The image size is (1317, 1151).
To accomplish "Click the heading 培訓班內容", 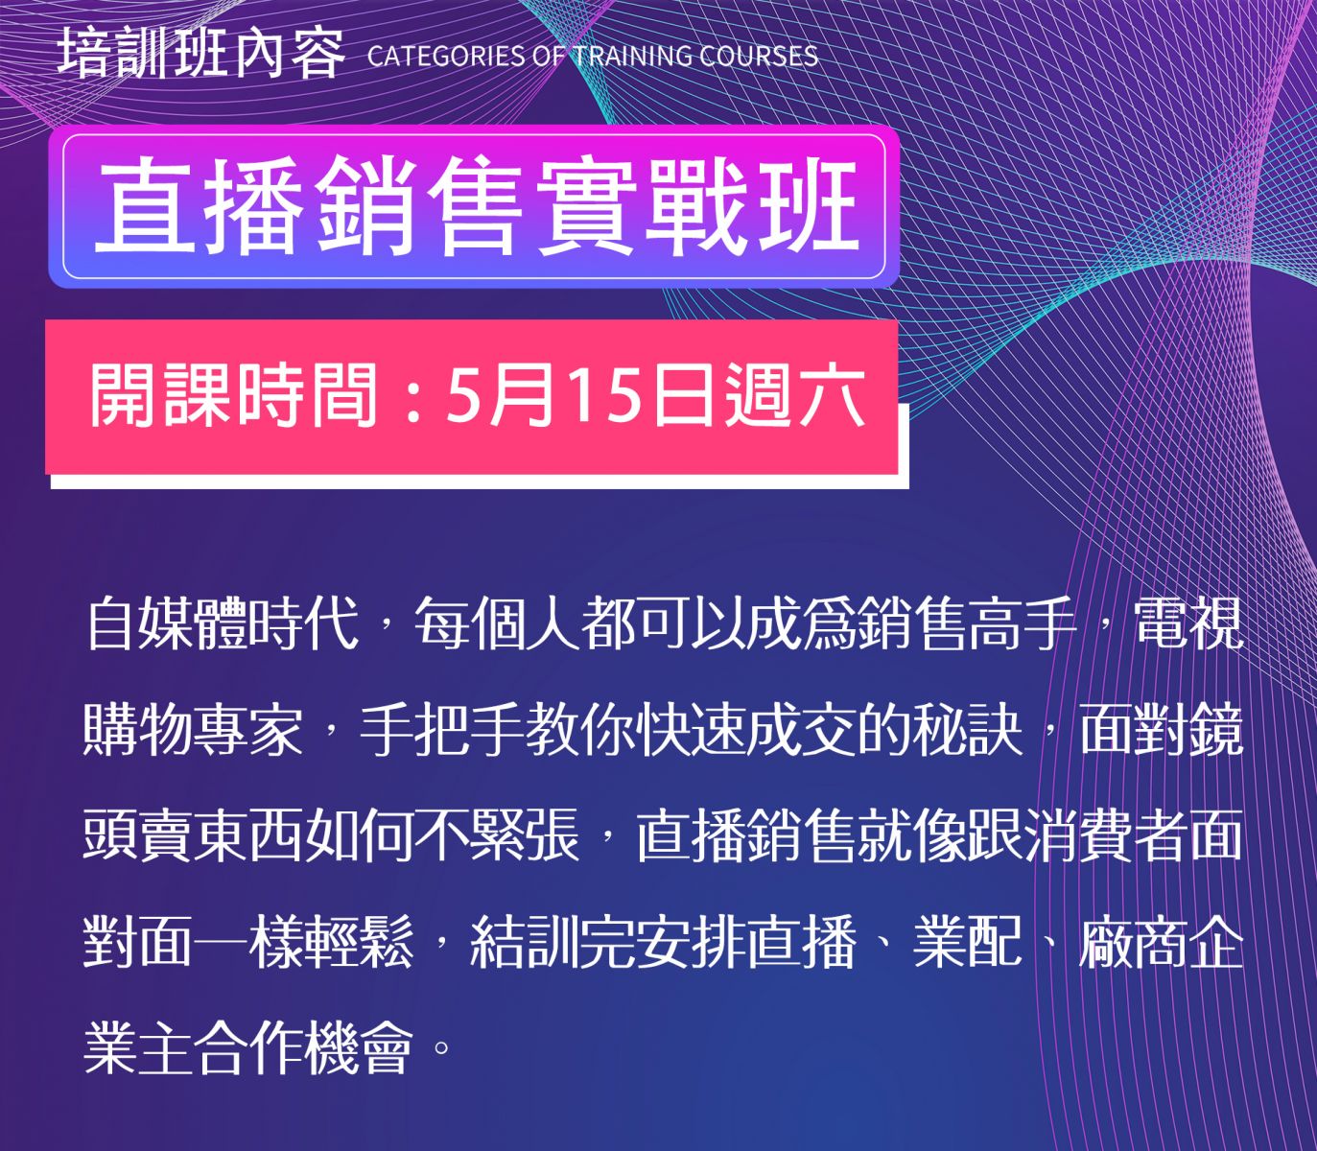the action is point(200,55).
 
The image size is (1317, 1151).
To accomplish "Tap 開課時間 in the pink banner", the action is point(233,394).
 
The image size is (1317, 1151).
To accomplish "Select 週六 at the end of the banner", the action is point(793,394).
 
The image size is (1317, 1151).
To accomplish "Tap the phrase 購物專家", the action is point(193,731).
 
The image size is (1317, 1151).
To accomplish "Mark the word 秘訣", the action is point(968,731).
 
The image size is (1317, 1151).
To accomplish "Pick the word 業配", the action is point(968,944).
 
